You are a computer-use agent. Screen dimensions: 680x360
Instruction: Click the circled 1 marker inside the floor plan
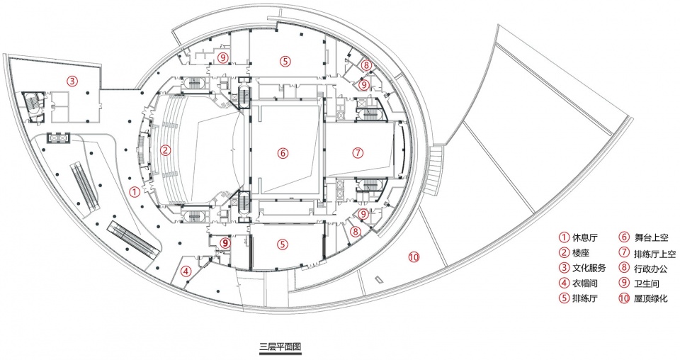tap(135, 191)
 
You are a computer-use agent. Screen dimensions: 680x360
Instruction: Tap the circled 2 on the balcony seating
tap(165, 150)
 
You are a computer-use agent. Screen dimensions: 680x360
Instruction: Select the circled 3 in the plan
tap(72, 81)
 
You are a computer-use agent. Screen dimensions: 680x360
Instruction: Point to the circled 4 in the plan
tap(186, 271)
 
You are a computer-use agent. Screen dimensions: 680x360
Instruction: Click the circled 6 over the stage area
tap(283, 152)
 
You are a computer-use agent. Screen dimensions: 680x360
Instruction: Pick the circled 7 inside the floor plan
tap(357, 152)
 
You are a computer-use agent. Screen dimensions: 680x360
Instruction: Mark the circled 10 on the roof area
tap(414, 257)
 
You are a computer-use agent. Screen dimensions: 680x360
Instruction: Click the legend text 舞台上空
tap(651, 237)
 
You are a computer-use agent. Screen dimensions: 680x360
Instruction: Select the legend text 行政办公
tap(651, 269)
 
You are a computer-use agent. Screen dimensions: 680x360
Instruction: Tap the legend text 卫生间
tap(647, 283)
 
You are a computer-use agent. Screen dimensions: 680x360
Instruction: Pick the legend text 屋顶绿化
tap(651, 298)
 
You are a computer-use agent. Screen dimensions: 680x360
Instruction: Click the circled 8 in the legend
tap(625, 268)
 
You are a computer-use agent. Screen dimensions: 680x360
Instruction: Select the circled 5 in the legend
tap(564, 298)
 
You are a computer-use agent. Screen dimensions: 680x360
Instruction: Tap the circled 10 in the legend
tap(625, 298)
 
